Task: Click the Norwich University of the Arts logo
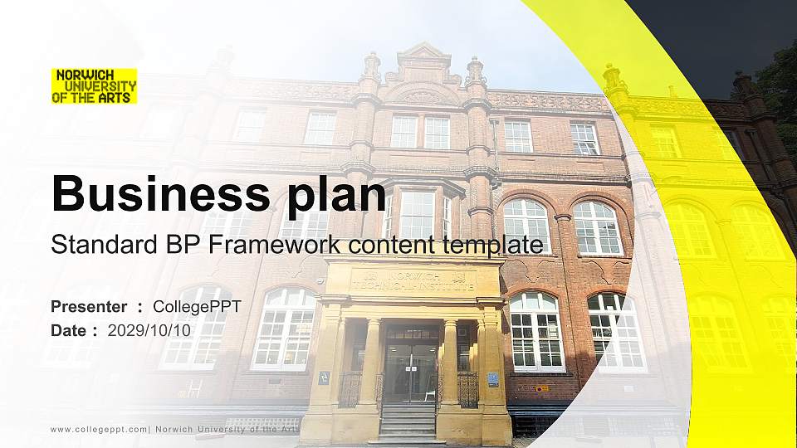94,85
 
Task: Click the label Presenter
89,307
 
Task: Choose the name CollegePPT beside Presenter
197,307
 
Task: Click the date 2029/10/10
149,330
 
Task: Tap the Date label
70,330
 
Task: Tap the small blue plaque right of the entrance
493,378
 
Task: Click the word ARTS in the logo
119,97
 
